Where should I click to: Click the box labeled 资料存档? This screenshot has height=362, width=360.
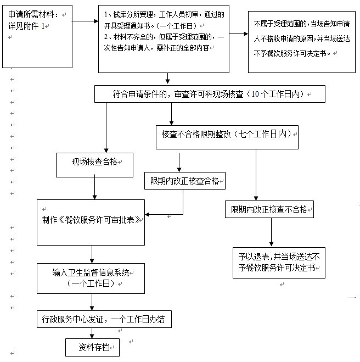click(x=92, y=347)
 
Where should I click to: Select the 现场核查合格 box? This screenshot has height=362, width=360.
click(x=94, y=165)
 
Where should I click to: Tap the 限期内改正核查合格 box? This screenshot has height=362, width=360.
click(x=185, y=181)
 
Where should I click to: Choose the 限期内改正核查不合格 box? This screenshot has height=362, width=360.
click(x=269, y=209)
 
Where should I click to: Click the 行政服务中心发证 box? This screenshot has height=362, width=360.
click(x=104, y=319)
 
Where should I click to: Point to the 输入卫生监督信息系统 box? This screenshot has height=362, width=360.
click(x=91, y=278)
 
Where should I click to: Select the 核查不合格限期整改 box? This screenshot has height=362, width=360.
click(x=227, y=137)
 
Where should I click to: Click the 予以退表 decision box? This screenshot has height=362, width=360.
click(x=279, y=263)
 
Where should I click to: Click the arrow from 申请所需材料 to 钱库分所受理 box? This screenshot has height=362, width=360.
click(x=85, y=21)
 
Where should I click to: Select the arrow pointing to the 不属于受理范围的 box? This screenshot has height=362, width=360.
click(x=239, y=34)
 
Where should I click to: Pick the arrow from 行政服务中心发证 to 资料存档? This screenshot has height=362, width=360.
click(x=92, y=333)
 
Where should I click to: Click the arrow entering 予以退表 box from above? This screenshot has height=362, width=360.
click(x=271, y=232)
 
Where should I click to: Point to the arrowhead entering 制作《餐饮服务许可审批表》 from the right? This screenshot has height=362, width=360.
click(x=147, y=214)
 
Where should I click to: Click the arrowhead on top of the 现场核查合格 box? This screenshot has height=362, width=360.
click(x=106, y=151)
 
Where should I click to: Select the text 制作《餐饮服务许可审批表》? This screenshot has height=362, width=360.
click(x=91, y=220)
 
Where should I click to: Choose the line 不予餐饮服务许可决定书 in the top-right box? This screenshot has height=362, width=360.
click(x=292, y=54)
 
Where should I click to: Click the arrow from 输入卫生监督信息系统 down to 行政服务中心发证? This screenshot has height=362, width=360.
click(x=92, y=302)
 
